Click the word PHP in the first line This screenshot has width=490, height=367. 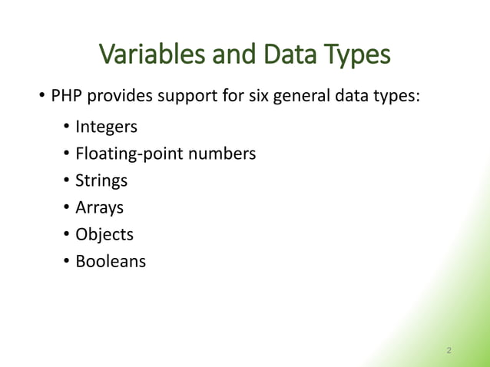[x=66, y=98]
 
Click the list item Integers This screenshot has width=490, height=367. [x=107, y=127]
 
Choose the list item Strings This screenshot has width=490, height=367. [x=101, y=181]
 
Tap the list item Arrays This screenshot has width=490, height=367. [x=99, y=208]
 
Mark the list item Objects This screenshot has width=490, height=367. [x=104, y=234]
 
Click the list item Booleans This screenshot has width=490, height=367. [x=111, y=261]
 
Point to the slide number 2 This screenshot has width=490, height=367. [x=449, y=351]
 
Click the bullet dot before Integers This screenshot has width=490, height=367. [x=67, y=127]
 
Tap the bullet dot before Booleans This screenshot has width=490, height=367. [x=67, y=261]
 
